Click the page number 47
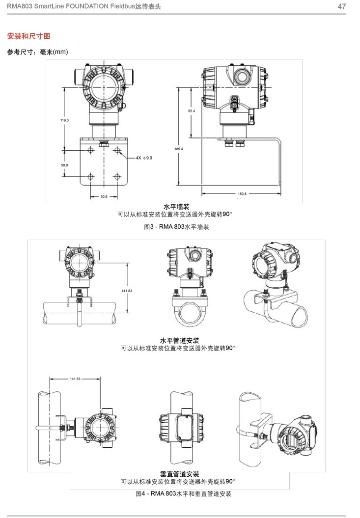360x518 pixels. pos(342,6)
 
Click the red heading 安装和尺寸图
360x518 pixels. pos(28,36)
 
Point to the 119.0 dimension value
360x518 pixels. pos(64,120)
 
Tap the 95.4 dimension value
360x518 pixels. pos(192,111)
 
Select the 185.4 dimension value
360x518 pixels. pos(179,149)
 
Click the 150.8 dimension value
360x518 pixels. pos(242,194)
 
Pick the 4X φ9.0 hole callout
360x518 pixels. pos(144,158)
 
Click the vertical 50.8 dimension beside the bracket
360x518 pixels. pos(64,165)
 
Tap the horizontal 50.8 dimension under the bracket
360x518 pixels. pos(104,196)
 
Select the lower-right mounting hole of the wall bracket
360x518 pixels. pos(117,176)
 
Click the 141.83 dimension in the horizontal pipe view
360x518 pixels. pos(127,291)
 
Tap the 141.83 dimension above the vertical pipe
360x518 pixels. pos(75,379)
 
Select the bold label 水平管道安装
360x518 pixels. pos(180,340)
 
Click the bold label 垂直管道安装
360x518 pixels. pos(180,474)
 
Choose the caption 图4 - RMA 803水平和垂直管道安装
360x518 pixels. pos(183,493)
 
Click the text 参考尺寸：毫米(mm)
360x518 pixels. pos(37,52)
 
